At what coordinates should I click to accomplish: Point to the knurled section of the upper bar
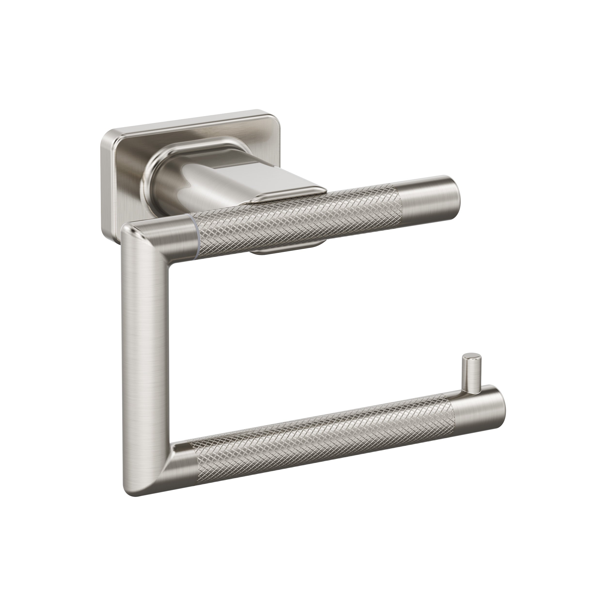coord(298,220)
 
